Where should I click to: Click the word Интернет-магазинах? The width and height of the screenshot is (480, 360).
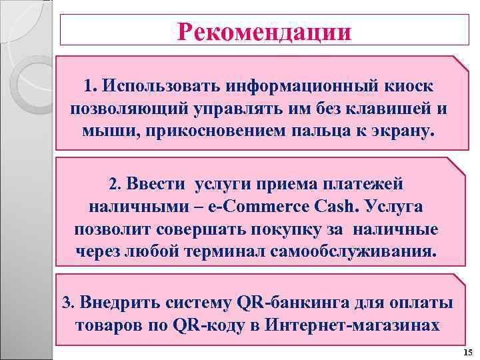(x=352, y=325)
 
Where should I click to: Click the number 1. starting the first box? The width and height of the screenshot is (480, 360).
(x=91, y=87)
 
